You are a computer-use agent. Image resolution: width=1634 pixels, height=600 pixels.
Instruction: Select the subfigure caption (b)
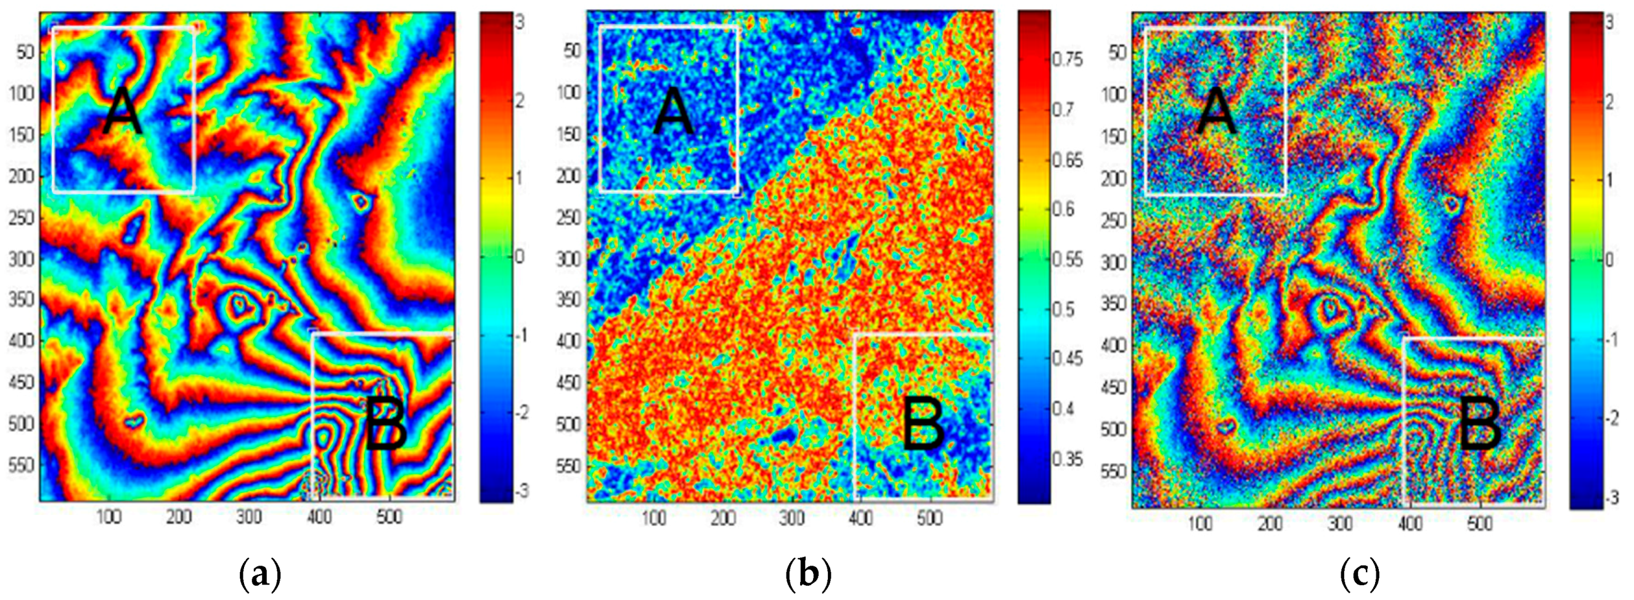[807, 575]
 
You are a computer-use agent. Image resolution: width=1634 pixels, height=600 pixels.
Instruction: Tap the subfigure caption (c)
[1359, 575]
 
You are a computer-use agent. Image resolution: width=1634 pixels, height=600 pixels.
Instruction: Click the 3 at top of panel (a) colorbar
[518, 23]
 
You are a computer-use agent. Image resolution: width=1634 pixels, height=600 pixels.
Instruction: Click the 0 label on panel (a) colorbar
[520, 257]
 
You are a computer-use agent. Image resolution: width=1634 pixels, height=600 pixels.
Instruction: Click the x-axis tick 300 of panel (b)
[791, 519]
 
